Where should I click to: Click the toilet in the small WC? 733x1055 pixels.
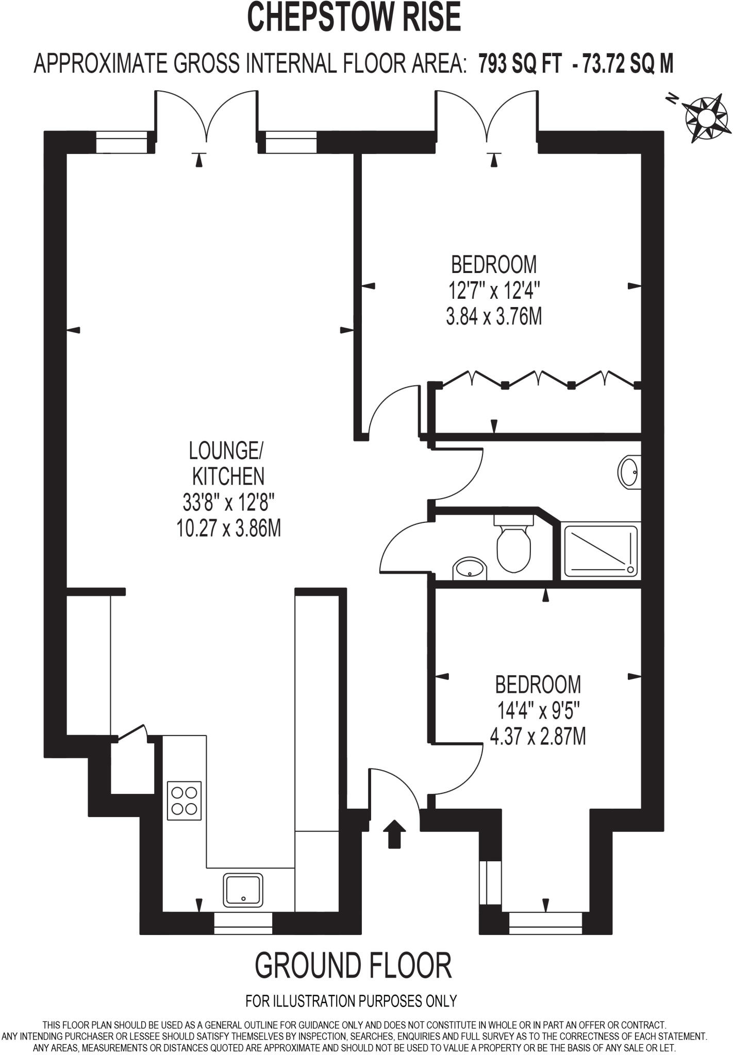click(513, 546)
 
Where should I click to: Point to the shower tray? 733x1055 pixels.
click(601, 550)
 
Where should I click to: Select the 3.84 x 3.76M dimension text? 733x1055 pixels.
click(494, 317)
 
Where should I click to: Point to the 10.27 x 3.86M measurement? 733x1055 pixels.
click(228, 529)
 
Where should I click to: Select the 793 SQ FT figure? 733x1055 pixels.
click(519, 64)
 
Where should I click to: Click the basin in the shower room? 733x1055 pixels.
click(628, 471)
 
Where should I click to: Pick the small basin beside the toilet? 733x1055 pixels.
click(469, 569)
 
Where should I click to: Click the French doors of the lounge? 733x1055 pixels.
click(206, 116)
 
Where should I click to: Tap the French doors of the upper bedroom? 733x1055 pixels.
click(487, 116)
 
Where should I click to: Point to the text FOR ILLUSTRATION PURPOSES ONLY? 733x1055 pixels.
click(351, 1000)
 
